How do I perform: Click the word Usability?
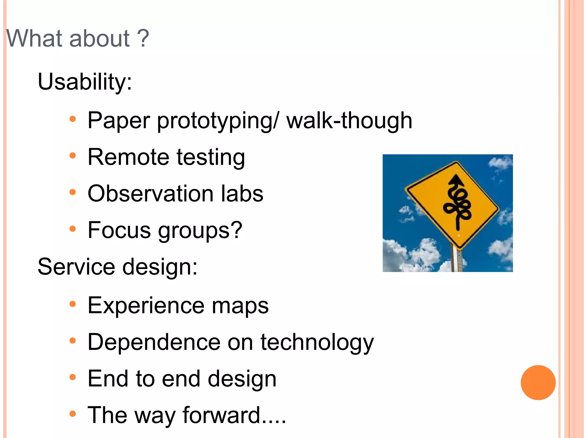[84, 82]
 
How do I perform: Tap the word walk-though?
[349, 120]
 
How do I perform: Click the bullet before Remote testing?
[73, 156]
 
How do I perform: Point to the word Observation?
[150, 193]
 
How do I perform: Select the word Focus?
[119, 230]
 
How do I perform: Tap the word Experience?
[146, 306]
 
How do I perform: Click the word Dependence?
[154, 342]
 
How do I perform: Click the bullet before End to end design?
[73, 377]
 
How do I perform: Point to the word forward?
[221, 415]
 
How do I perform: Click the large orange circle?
[538, 382]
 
